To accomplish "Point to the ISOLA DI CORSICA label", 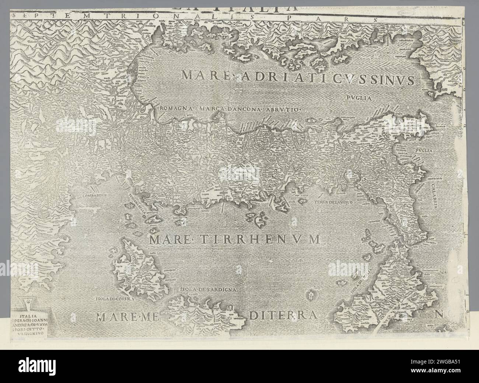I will [115, 299].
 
